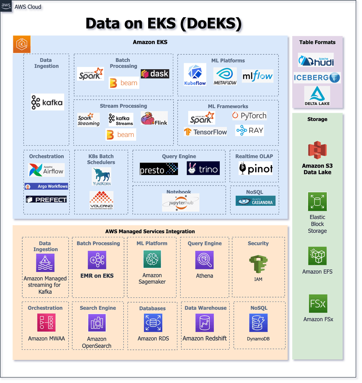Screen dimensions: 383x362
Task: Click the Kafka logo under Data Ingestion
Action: (x=47, y=102)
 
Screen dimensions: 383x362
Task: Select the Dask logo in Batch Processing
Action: (x=155, y=74)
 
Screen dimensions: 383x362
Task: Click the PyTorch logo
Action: (x=249, y=115)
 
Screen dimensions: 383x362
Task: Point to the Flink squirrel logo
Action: (x=154, y=118)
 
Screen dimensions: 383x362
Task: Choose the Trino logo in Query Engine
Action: (x=203, y=169)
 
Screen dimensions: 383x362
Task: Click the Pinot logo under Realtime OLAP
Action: (x=256, y=169)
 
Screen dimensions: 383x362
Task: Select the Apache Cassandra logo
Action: (x=255, y=201)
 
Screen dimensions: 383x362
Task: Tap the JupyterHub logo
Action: (x=180, y=203)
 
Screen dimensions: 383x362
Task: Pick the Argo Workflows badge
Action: (x=46, y=187)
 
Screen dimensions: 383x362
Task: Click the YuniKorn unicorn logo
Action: (x=101, y=177)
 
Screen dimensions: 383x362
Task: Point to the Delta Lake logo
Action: (x=317, y=96)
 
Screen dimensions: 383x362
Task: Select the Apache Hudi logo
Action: (x=316, y=60)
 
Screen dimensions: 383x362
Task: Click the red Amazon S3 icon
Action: (x=317, y=150)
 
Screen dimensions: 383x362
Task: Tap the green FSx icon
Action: (x=318, y=304)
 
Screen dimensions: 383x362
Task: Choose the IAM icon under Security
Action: (x=258, y=263)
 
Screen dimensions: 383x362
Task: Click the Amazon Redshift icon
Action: (x=205, y=323)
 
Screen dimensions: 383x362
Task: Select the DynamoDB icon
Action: (x=258, y=323)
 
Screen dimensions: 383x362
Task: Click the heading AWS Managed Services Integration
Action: (x=150, y=231)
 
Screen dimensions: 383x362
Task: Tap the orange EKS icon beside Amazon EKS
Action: (x=22, y=44)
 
